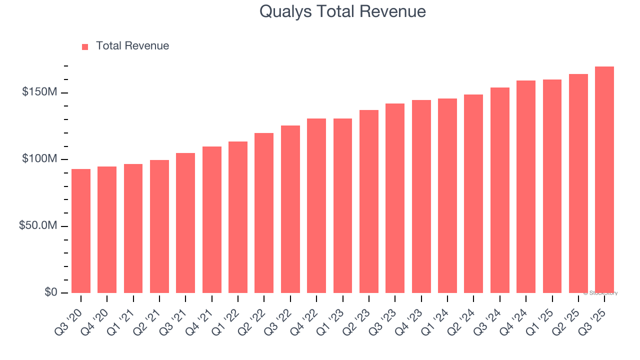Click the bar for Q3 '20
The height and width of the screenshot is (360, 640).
click(x=81, y=231)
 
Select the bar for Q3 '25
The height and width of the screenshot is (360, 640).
click(x=604, y=180)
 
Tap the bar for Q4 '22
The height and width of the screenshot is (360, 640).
click(x=316, y=206)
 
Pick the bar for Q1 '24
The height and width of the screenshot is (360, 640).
click(x=447, y=196)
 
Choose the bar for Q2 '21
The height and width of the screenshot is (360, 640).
click(x=159, y=226)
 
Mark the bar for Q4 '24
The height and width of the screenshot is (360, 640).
click(x=526, y=187)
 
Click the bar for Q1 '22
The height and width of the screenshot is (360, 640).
click(x=238, y=217)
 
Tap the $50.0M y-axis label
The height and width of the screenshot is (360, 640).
click(x=38, y=226)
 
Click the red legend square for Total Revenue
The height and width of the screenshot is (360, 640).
click(x=85, y=47)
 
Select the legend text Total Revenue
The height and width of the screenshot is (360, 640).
click(x=132, y=46)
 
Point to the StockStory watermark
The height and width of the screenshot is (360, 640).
click(x=600, y=293)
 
